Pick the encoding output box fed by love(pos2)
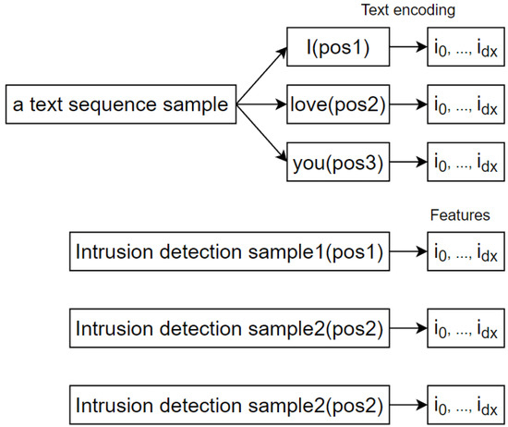pos(466,104)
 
